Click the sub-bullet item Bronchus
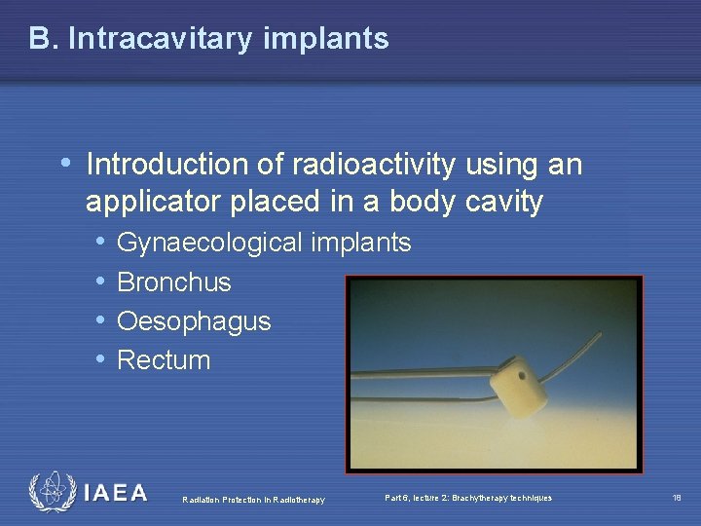(173, 282)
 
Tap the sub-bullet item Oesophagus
(194, 321)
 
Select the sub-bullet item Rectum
(164, 360)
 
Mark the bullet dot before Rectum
(101, 359)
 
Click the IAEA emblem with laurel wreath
(51, 492)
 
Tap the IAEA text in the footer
(115, 493)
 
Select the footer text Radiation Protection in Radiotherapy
(254, 500)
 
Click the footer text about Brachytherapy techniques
(468, 498)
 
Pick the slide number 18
(677, 498)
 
